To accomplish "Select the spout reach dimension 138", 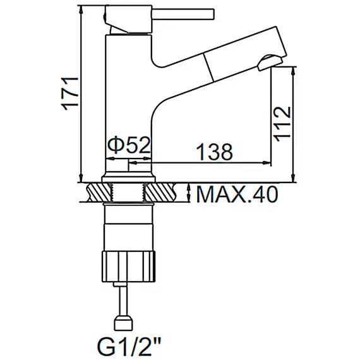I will [x=213, y=151].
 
